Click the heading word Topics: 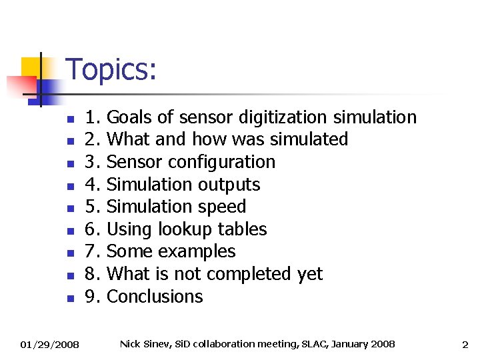click(x=112, y=70)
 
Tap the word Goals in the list click(x=129, y=117)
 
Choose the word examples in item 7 click(x=203, y=251)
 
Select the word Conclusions click(x=155, y=296)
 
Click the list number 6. click(x=93, y=229)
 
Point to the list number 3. click(x=93, y=162)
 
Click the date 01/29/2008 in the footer click(x=50, y=345)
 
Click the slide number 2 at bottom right click(x=465, y=345)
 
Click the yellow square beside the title click(x=32, y=67)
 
